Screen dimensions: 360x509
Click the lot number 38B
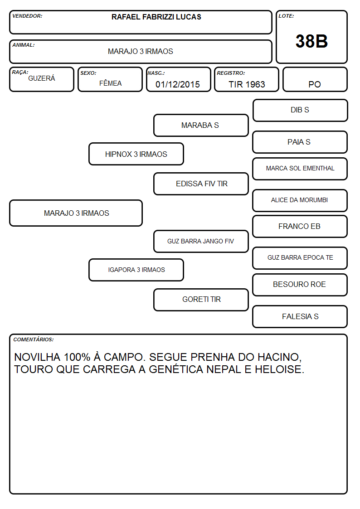pos(311,41)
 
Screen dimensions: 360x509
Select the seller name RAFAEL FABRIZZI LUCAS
pos(156,17)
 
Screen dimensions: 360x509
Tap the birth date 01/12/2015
pos(178,84)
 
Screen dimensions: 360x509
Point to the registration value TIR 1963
pos(247,84)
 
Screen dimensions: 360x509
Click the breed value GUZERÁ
pos(42,78)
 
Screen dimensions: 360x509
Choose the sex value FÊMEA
pos(110,83)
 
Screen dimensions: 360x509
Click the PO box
pos(315,79)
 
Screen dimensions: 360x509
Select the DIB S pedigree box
pos(300,111)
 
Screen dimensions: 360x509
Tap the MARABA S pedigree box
pos(201,125)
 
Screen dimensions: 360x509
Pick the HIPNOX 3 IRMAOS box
pos(136,154)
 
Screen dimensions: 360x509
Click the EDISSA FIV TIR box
pos(201,184)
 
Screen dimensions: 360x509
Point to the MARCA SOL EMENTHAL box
pos(300,169)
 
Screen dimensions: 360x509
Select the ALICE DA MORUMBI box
pos(300,200)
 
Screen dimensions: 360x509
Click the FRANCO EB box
pos(300,226)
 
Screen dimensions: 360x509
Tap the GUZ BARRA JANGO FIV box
pos(201,241)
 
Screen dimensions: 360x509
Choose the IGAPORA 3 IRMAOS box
pos(136,270)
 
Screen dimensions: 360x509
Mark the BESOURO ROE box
pos(300,285)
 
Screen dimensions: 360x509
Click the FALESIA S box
pos(300,316)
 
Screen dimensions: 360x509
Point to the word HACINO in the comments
pos(279,357)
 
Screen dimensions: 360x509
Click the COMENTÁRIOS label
pos(34,339)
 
